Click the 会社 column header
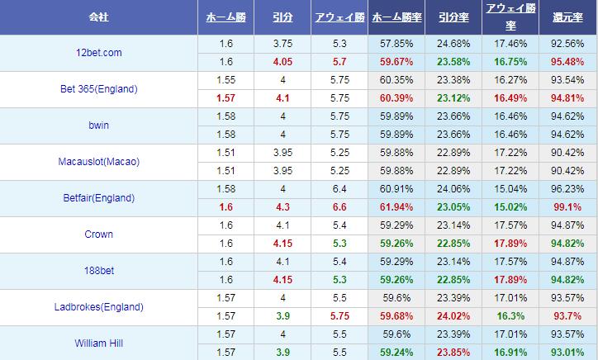(98, 17)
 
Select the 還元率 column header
(567, 17)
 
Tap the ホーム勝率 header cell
(396, 17)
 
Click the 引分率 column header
(453, 17)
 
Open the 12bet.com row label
(98, 53)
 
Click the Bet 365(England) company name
(98, 89)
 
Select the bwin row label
(98, 126)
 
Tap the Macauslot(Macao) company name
(98, 162)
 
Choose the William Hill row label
(98, 343)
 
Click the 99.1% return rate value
(567, 207)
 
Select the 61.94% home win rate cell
(396, 207)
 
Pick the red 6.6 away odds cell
(339, 207)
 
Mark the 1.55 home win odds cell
(225, 80)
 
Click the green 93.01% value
(567, 353)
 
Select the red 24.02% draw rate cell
(453, 316)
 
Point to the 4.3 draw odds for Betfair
(282, 207)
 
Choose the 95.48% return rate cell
(567, 62)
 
